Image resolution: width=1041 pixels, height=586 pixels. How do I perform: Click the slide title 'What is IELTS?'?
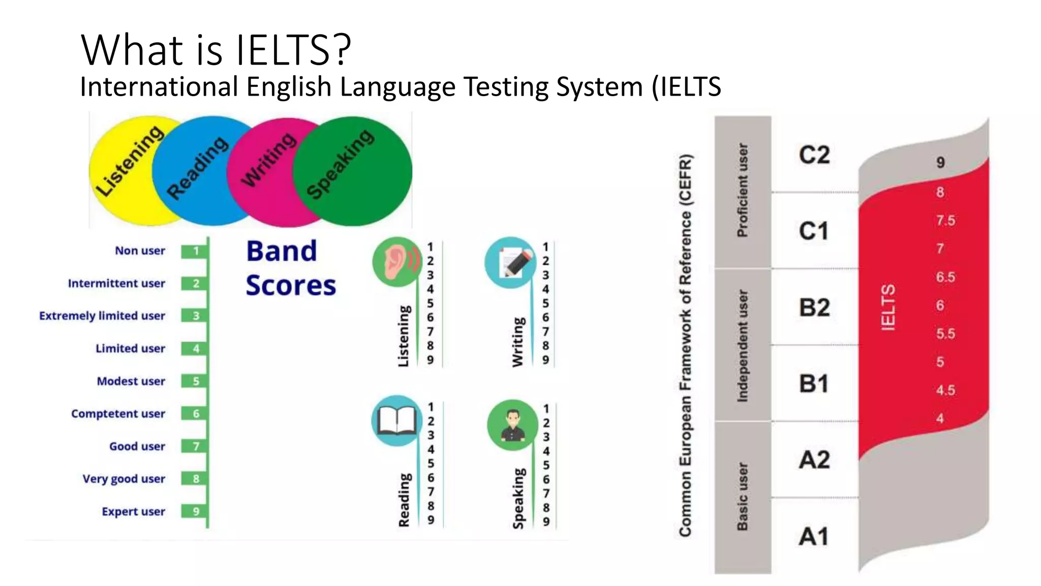click(x=216, y=50)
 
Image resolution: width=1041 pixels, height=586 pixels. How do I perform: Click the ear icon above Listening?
click(x=397, y=261)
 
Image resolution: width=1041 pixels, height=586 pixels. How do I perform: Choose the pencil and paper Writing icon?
click(x=510, y=262)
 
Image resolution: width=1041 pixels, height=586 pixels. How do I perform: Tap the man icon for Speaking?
click(x=512, y=425)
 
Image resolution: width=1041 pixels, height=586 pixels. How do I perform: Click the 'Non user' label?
click(x=140, y=251)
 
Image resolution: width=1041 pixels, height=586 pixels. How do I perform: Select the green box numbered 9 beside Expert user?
click(x=196, y=511)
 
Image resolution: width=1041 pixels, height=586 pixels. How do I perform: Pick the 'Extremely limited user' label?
click(x=102, y=316)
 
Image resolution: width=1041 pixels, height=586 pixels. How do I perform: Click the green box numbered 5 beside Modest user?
click(x=196, y=381)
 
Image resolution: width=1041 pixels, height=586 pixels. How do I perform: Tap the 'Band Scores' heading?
click(x=291, y=268)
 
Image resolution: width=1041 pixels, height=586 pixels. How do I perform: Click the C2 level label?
click(x=814, y=155)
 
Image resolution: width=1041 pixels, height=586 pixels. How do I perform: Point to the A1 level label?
click(x=814, y=537)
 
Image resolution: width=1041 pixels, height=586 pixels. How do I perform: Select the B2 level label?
click(x=814, y=307)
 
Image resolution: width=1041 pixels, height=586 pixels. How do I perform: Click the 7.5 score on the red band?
click(x=945, y=221)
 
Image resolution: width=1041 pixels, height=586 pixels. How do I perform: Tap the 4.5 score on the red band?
click(x=945, y=390)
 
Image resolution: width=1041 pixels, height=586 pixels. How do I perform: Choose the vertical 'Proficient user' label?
click(x=743, y=190)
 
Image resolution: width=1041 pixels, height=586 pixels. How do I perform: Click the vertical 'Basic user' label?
click(x=743, y=496)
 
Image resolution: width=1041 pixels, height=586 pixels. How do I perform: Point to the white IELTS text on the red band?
click(x=887, y=307)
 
